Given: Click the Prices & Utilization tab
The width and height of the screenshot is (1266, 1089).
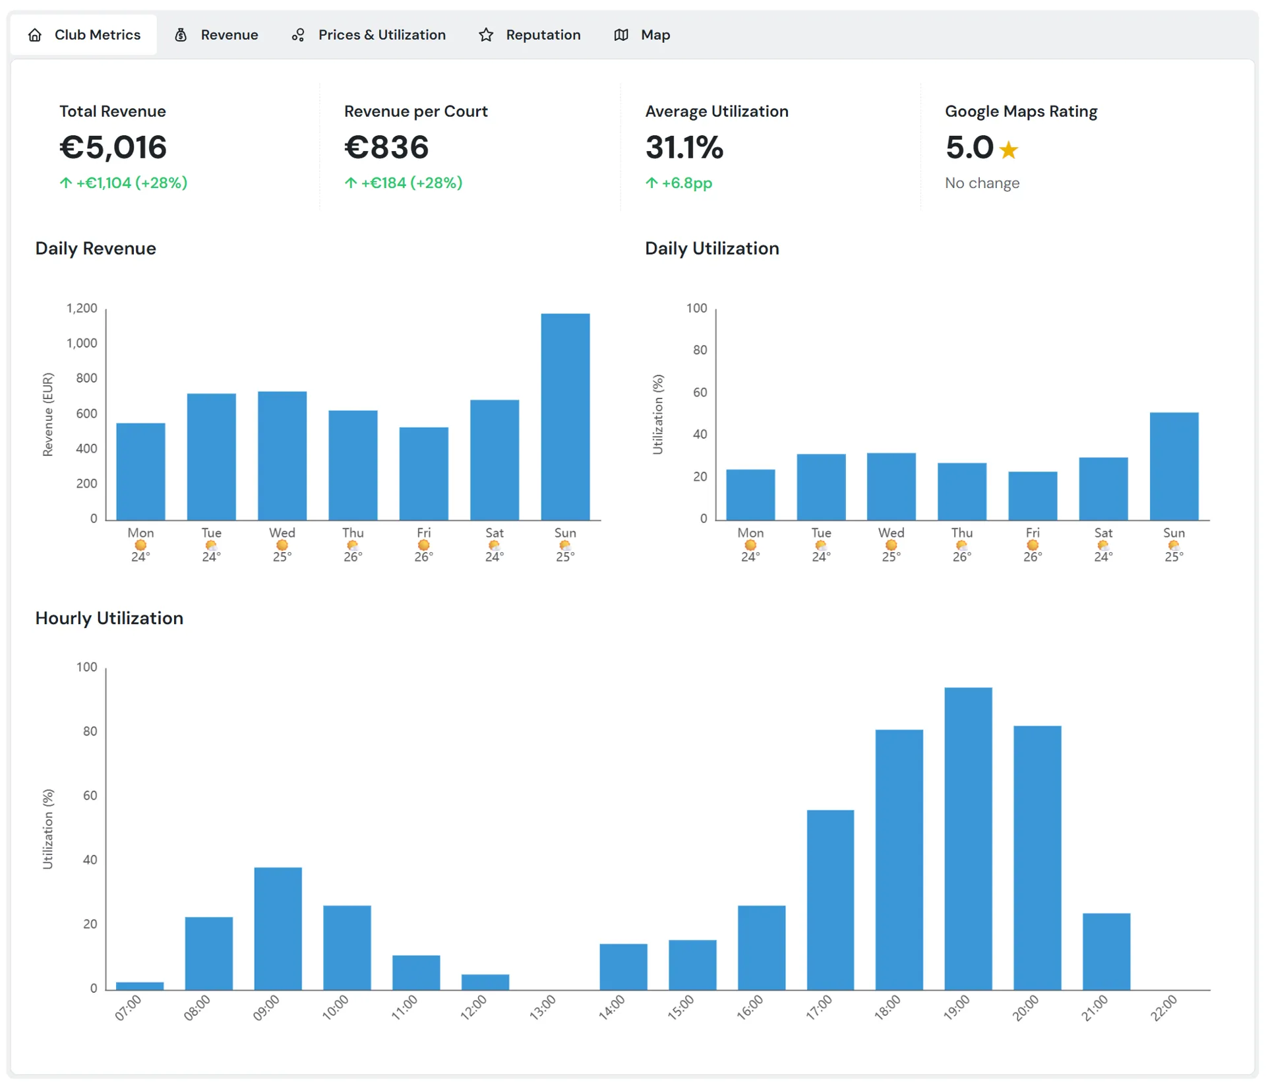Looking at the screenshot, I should (x=369, y=35).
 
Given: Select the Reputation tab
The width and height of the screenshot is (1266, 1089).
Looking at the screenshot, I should (x=530, y=35).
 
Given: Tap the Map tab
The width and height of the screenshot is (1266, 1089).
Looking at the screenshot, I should (x=642, y=35).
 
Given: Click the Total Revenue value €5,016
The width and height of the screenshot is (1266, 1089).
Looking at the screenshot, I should (x=113, y=147).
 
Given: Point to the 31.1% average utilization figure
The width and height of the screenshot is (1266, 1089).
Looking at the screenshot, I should (x=684, y=147).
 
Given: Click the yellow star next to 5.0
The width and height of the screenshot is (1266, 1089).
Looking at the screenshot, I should (x=1008, y=150).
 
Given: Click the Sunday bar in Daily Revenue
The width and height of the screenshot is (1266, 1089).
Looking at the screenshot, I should (x=565, y=417).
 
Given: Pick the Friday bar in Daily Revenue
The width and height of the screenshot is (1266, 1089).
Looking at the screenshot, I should (x=423, y=474).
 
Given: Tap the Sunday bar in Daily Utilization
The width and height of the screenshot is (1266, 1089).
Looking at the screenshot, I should (x=1174, y=466).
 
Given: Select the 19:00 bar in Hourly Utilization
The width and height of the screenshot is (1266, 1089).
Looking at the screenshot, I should (x=968, y=838).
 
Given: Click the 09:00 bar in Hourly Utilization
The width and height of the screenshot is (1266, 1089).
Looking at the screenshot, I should (x=278, y=928).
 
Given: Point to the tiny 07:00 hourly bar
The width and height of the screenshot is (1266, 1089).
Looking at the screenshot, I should (x=140, y=986).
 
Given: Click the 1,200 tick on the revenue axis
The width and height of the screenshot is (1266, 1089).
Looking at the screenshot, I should (x=82, y=308).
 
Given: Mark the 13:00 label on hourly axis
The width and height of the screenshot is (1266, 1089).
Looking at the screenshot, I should (x=543, y=1008).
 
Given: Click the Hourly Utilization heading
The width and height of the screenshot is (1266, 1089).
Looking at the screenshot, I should (x=109, y=618).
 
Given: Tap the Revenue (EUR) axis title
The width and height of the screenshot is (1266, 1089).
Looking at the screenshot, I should (x=47, y=414).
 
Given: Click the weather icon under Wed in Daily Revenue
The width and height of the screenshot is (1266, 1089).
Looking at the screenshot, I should (x=282, y=545).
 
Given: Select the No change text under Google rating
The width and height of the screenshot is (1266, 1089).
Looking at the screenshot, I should (x=982, y=183).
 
